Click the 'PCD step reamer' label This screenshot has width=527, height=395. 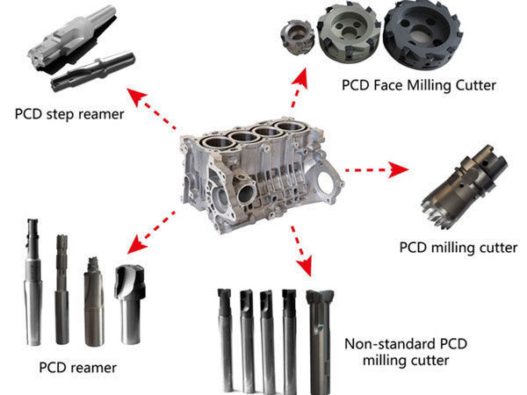[x=69, y=114]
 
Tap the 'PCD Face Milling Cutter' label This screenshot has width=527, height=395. [x=419, y=85]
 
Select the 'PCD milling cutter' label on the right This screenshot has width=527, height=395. [x=458, y=248]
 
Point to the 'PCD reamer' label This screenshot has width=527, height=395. [x=78, y=368]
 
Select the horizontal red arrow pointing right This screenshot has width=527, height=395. [x=377, y=170]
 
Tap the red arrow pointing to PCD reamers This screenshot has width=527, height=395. [x=151, y=233]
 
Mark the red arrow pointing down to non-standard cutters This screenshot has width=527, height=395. [x=301, y=251]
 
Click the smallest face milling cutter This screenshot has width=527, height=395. [x=297, y=37]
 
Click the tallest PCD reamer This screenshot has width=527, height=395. [x=33, y=282]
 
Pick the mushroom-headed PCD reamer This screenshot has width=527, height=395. [x=130, y=304]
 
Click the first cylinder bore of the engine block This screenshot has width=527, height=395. [x=219, y=143]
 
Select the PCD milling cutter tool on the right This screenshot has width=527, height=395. [x=465, y=187]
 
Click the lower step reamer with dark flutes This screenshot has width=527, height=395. [x=93, y=71]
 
